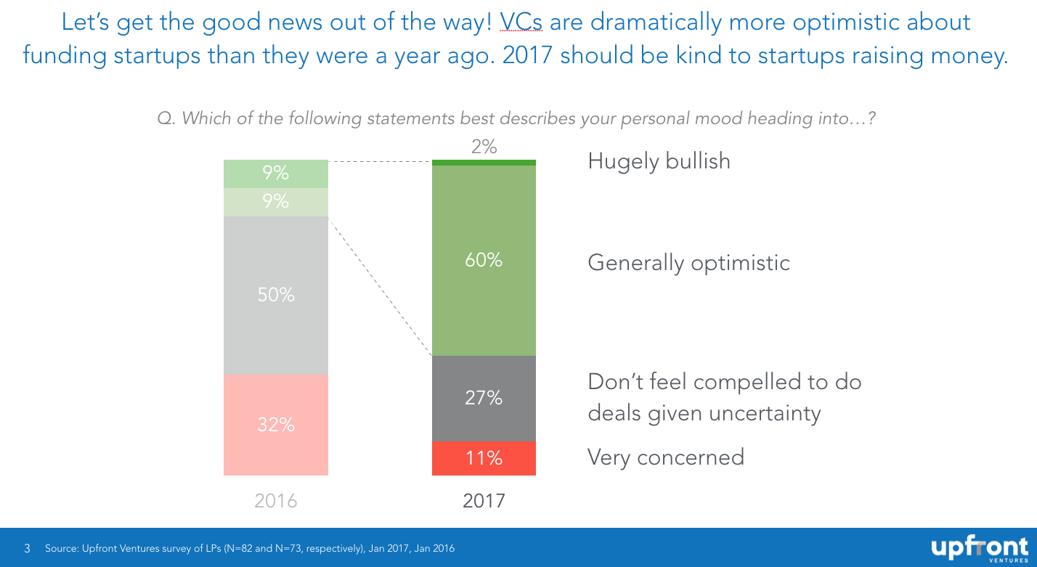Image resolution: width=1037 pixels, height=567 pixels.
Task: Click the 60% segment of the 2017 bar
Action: pos(484,261)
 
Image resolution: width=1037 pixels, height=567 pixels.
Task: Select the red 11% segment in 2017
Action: pos(484,458)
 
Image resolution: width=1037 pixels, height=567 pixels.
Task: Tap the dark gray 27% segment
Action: pos(484,399)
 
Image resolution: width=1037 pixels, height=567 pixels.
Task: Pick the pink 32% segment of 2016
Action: pos(276,425)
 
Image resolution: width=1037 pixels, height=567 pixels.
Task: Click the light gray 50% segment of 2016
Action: pos(276,295)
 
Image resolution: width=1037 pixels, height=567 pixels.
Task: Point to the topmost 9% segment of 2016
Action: pos(276,174)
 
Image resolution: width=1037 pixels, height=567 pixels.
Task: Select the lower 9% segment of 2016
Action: pos(276,203)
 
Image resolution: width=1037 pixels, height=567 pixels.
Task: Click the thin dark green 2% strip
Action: pos(484,163)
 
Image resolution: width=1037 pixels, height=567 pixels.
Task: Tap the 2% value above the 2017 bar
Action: pos(484,147)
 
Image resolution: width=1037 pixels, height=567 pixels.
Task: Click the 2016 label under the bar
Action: pos(276,501)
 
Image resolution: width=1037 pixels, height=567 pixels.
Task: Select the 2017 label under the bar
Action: pos(484,501)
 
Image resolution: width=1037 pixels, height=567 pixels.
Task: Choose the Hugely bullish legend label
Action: pos(659,162)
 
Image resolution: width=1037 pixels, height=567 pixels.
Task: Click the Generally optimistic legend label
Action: pos(689,263)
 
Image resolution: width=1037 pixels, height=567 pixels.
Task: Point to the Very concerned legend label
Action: pos(666,457)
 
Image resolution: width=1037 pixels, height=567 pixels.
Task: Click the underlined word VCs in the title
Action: pos(521,22)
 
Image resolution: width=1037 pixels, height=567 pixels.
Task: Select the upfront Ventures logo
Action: pos(980,548)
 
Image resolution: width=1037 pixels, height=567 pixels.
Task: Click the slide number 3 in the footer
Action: pos(28,548)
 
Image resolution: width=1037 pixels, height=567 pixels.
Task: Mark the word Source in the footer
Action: pos(61,548)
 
